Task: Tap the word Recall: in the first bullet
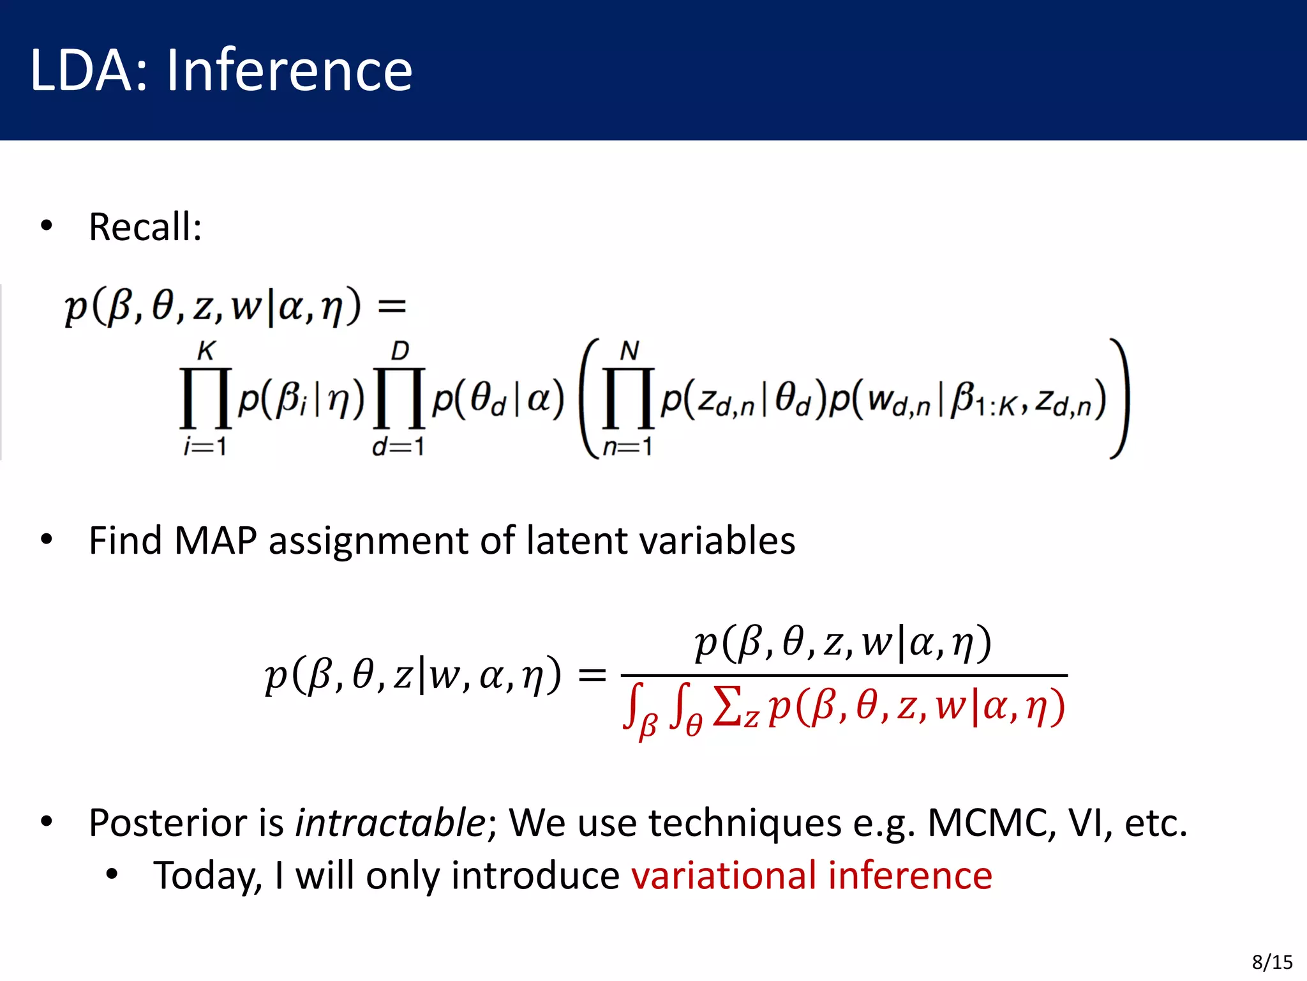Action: pos(146,227)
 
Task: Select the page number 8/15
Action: pos(1272,962)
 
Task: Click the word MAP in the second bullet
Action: pos(215,541)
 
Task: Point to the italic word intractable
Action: pos(391,823)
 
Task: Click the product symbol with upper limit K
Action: pos(205,398)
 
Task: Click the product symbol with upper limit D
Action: pos(400,398)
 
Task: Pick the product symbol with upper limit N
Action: pos(629,398)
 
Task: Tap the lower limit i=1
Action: pos(205,446)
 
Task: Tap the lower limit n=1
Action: pos(628,446)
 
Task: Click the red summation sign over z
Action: pos(728,708)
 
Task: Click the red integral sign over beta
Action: pos(633,708)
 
